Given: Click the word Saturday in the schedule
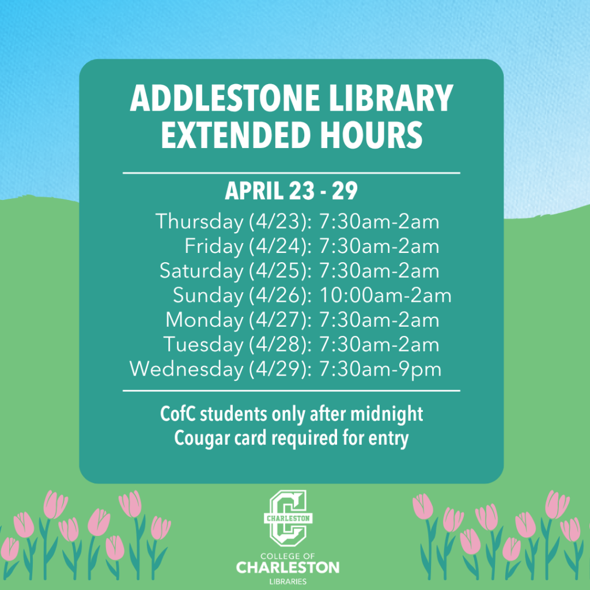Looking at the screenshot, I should coord(202,271).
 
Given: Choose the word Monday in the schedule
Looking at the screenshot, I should coord(205,320).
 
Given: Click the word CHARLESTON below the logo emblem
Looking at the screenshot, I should coord(288,568).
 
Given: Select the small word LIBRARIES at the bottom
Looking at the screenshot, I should coord(288,581).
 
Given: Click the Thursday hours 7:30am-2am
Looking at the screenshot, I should coord(379,222).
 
